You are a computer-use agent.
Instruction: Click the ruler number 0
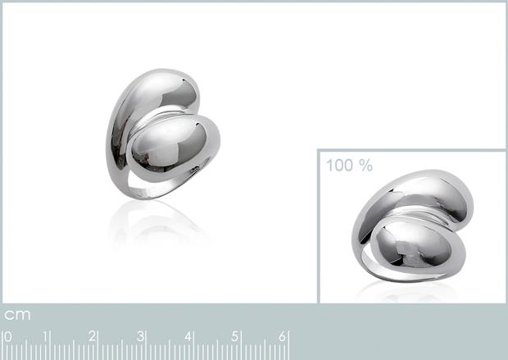[x=8, y=336]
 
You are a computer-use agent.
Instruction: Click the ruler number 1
[x=49, y=336]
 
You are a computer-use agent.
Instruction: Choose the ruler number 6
[x=284, y=336]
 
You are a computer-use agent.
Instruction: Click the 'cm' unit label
[x=17, y=315]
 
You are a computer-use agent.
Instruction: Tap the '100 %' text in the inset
[x=349, y=165]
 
